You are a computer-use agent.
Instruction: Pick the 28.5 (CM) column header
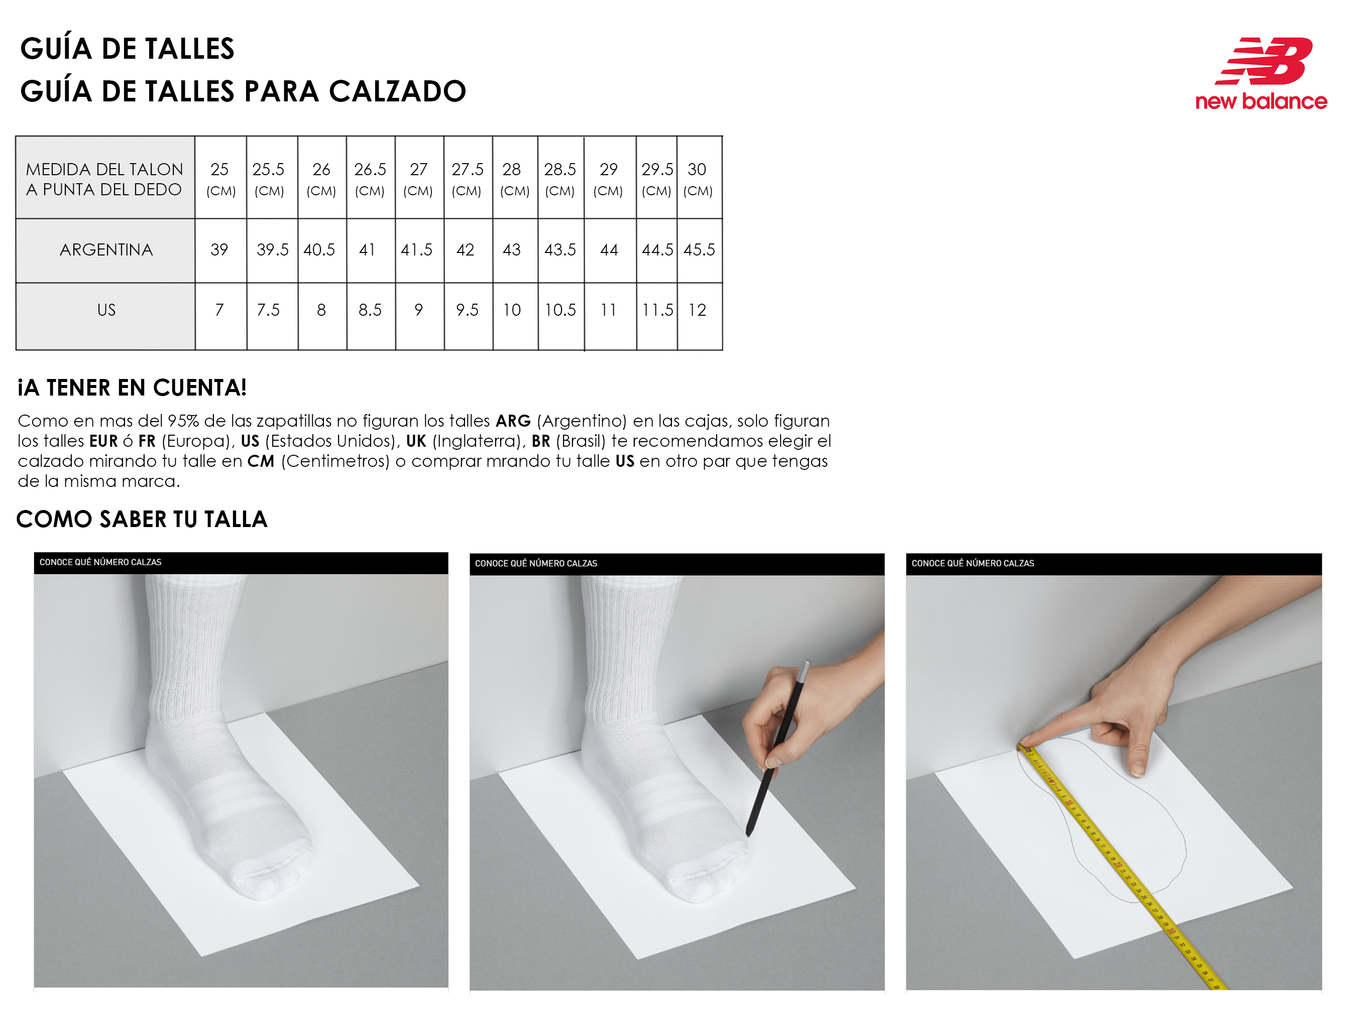click(x=560, y=178)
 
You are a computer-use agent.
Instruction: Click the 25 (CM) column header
click(x=220, y=178)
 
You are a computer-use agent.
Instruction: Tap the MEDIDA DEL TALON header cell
click(x=105, y=178)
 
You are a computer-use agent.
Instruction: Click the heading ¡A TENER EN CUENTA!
click(x=132, y=388)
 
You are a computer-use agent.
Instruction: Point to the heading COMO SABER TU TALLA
click(x=142, y=519)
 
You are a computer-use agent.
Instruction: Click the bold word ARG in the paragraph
click(x=513, y=421)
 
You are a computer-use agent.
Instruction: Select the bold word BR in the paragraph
click(x=540, y=441)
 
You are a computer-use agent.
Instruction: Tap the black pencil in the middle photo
click(x=777, y=748)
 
